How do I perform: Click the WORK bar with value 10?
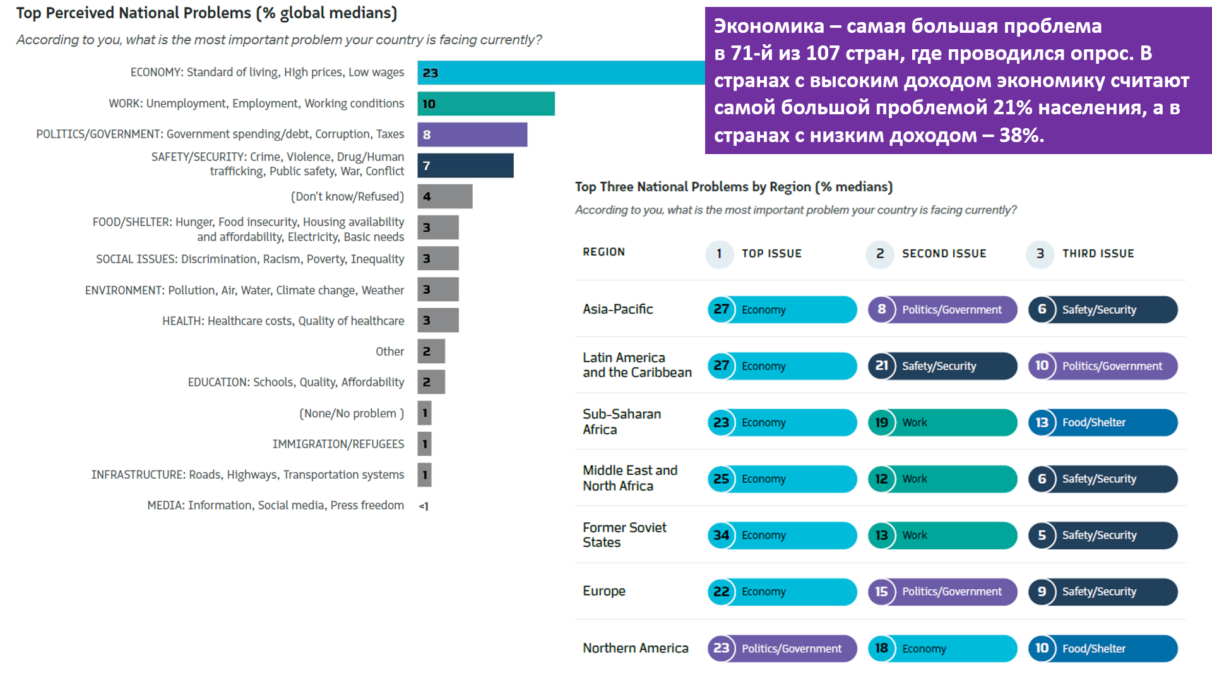click(485, 104)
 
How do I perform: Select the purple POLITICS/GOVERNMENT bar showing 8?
click(472, 135)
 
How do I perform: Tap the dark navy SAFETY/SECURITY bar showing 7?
click(465, 165)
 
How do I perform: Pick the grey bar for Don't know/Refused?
click(444, 196)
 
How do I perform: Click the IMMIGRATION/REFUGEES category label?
click(338, 444)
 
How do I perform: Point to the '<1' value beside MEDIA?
click(424, 506)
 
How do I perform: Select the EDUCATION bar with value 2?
click(431, 382)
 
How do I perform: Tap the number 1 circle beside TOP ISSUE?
click(719, 254)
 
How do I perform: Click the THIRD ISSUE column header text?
click(1098, 254)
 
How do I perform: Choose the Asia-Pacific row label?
click(617, 309)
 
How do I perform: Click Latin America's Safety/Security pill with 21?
click(942, 366)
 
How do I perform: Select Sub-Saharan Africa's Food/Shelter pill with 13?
click(1103, 422)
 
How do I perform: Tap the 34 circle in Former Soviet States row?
click(721, 535)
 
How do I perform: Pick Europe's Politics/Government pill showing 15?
click(942, 592)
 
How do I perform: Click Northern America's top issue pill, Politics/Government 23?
click(782, 649)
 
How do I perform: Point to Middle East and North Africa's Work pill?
click(942, 479)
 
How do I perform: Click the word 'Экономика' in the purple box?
click(769, 26)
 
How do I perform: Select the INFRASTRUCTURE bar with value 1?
click(424, 475)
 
